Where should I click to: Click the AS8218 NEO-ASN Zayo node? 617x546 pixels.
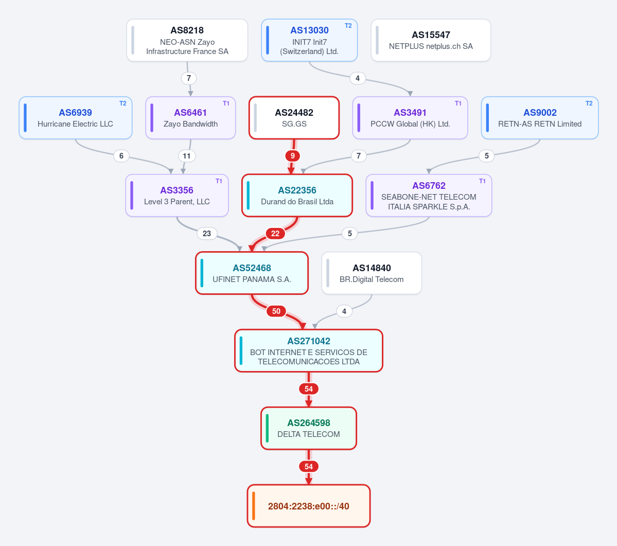pos(187,40)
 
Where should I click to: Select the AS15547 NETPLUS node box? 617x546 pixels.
pos(431,40)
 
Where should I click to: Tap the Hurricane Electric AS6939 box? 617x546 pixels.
pos(76,118)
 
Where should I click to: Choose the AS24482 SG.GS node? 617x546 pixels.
pos(294,118)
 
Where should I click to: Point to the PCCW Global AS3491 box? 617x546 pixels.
pos(410,118)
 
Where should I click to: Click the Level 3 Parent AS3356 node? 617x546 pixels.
pos(177,196)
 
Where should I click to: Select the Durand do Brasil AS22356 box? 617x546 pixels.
pos(297,196)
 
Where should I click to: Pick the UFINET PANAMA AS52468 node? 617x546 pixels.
pos(252,273)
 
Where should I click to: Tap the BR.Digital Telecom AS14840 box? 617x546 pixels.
pos(372,273)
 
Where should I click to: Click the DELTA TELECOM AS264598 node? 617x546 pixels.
pos(309,428)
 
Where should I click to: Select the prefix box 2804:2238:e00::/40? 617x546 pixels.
pos(309,506)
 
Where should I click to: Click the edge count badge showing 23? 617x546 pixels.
pos(206,234)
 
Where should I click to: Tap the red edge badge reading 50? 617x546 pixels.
pos(276,311)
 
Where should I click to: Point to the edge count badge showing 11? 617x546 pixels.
pos(186,156)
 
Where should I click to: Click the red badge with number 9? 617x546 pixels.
pos(292,156)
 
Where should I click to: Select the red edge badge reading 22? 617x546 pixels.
pos(275,234)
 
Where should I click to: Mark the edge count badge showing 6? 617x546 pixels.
pos(121,156)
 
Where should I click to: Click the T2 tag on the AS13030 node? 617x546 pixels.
pos(348,26)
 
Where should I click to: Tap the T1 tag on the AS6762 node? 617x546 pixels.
pos(482,181)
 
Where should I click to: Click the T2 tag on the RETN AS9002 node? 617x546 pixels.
pos(589,103)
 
